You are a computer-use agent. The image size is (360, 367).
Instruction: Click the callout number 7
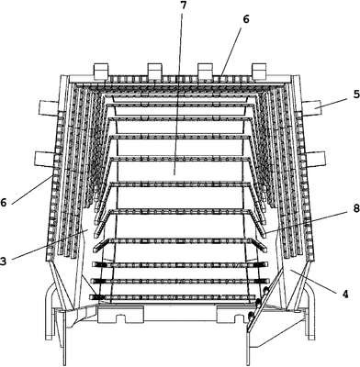click(x=183, y=6)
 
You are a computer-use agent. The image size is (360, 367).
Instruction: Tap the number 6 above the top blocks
click(x=246, y=19)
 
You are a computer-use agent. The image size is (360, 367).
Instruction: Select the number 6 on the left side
click(x=3, y=203)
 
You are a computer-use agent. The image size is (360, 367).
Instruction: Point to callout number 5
click(x=356, y=95)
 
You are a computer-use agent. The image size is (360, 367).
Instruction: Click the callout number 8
click(x=356, y=208)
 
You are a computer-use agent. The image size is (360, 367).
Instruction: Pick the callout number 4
click(x=345, y=295)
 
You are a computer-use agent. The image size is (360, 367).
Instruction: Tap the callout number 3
click(x=3, y=261)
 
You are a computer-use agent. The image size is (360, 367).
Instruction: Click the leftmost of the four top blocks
click(x=101, y=71)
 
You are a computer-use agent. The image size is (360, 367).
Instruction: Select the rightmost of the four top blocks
click(x=259, y=71)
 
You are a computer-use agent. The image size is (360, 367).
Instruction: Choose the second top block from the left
click(x=154, y=71)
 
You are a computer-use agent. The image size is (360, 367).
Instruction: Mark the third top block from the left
click(x=205, y=71)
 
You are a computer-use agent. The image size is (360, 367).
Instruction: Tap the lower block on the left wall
click(x=45, y=160)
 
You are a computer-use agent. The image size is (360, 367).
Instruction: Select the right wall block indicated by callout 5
click(x=311, y=108)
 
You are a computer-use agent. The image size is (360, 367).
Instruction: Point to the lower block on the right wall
click(x=315, y=160)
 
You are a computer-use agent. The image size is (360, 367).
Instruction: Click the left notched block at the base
click(x=119, y=315)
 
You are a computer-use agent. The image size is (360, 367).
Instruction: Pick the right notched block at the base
click(x=232, y=315)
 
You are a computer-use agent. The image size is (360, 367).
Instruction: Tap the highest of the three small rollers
click(x=266, y=290)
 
